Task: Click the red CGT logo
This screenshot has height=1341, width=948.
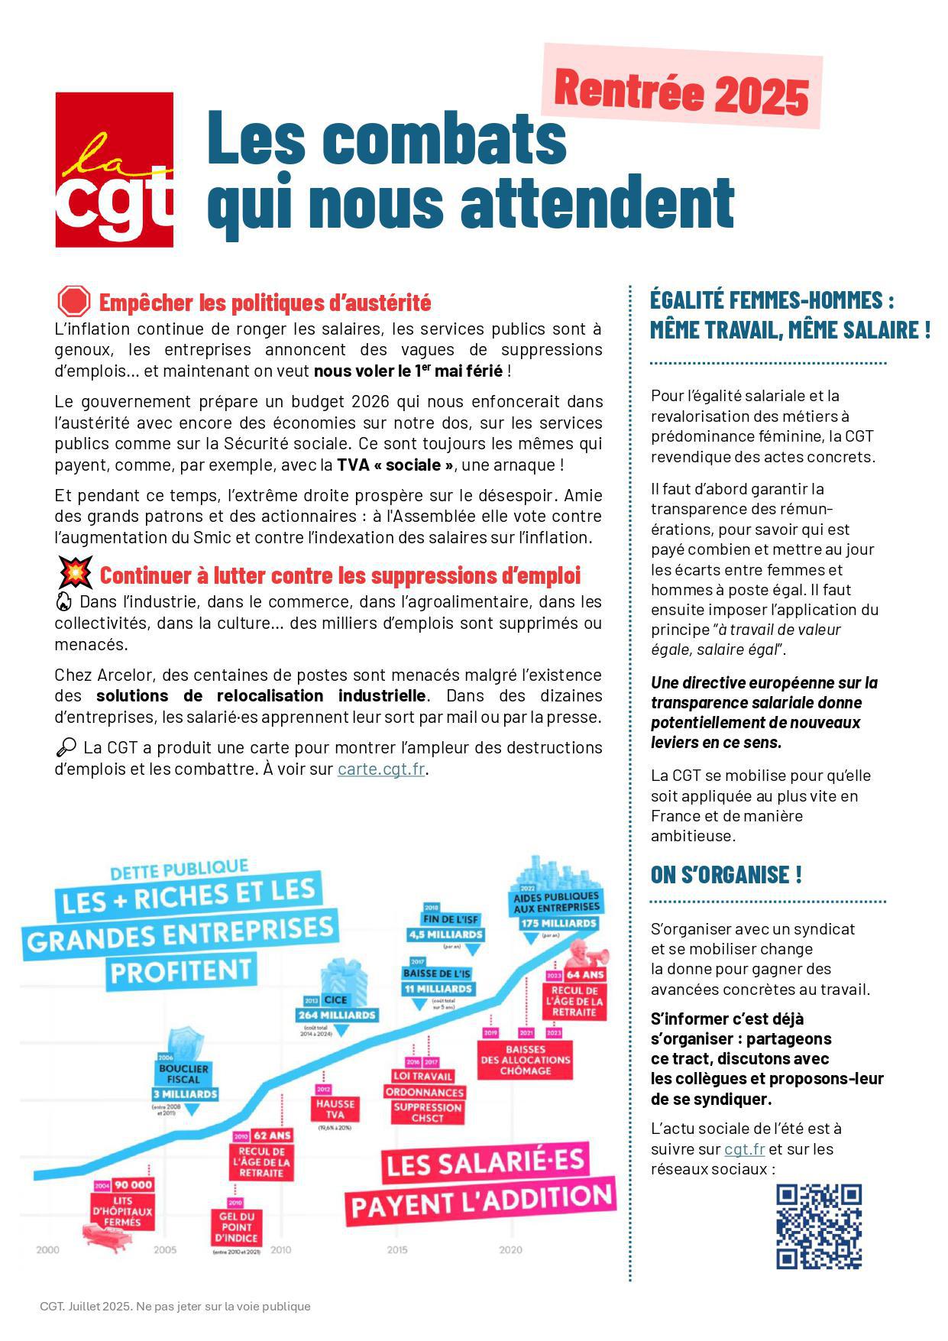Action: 115,170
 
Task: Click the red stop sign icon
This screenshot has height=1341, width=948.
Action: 73,302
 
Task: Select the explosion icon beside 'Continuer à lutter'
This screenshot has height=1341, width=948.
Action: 75,573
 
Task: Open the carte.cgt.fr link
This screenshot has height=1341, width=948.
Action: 380,769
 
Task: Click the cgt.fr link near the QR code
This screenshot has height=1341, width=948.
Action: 744,1148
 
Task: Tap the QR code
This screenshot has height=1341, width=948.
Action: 819,1226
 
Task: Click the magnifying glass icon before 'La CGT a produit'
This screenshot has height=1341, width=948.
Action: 66,747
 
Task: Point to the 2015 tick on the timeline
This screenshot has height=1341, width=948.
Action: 396,1250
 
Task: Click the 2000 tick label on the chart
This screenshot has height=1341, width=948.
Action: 47,1250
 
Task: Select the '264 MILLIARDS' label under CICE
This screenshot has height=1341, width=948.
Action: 337,1015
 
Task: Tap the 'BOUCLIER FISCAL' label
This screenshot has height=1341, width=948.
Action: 183,1074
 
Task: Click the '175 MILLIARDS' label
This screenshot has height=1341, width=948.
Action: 558,923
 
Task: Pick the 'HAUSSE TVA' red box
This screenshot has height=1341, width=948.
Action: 335,1109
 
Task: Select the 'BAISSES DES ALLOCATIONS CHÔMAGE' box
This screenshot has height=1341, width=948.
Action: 525,1060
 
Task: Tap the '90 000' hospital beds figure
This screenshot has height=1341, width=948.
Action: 134,1184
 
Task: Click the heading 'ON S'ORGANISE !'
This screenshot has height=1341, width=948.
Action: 726,874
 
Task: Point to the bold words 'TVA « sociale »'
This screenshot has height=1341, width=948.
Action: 395,465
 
